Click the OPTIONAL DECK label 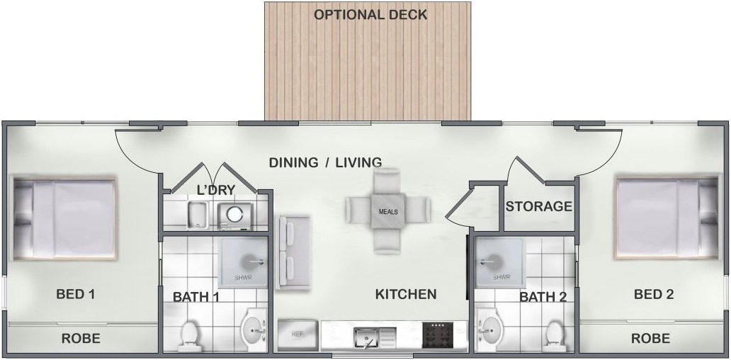click(x=370, y=14)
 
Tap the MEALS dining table click(x=388, y=210)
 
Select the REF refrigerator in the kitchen click(x=297, y=335)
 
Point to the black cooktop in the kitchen click(x=444, y=335)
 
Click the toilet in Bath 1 click(x=189, y=336)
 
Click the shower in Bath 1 click(x=243, y=261)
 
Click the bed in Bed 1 click(x=65, y=219)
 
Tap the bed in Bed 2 click(x=666, y=218)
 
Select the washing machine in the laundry click(x=235, y=215)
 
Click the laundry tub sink click(x=198, y=215)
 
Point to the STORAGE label click(x=538, y=206)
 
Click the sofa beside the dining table click(x=294, y=252)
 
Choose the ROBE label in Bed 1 click(x=81, y=338)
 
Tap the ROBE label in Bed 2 click(x=650, y=338)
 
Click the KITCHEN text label click(x=406, y=294)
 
